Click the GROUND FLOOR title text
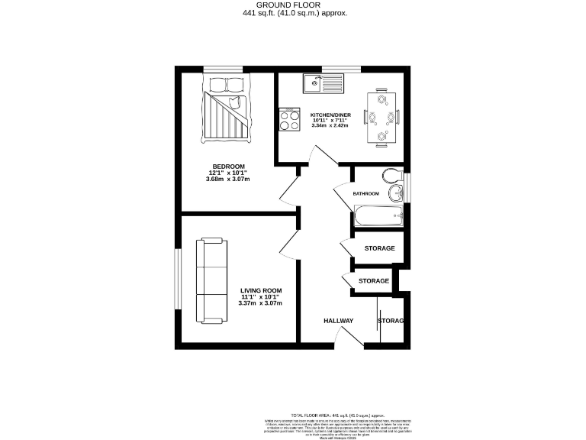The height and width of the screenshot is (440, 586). (293, 5)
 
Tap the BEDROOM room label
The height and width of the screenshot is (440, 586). (228, 167)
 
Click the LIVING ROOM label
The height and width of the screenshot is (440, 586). (261, 290)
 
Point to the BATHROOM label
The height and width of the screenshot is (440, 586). (365, 193)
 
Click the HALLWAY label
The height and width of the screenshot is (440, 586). (338, 321)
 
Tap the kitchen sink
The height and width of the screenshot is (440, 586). (322, 82)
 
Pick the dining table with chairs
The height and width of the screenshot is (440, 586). (382, 117)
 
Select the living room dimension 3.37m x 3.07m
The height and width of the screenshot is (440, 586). (261, 303)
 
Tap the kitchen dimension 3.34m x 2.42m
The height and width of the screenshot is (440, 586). (330, 125)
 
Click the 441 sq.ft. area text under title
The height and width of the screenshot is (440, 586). (293, 13)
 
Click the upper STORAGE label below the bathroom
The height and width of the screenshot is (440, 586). (379, 248)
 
